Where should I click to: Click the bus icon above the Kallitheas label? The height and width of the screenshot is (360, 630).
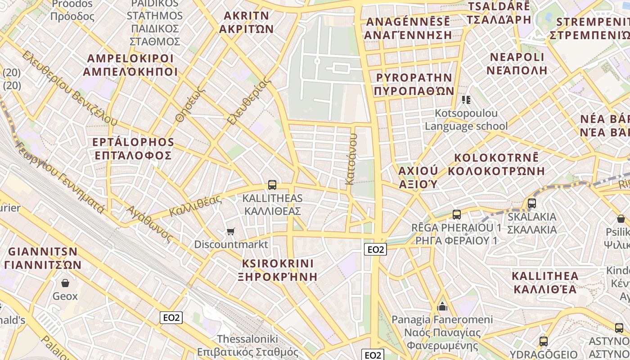[272, 184]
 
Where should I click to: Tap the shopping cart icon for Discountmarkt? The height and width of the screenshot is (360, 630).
[230, 231]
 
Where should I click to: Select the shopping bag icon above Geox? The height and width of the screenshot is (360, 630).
[65, 283]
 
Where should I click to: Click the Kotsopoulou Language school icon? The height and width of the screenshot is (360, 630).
[466, 99]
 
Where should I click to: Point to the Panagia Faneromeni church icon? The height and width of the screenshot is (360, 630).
[442, 307]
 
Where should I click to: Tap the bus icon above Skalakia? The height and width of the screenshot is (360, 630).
[532, 203]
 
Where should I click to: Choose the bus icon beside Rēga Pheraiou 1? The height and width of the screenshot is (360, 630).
[457, 214]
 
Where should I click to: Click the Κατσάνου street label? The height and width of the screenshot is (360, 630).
[350, 162]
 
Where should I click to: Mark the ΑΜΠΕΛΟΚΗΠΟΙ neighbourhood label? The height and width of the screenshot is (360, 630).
[130, 72]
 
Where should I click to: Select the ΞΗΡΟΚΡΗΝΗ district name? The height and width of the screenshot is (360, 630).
[277, 276]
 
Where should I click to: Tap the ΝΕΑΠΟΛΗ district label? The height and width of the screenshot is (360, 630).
[517, 70]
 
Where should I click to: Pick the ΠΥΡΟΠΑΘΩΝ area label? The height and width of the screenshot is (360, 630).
[414, 90]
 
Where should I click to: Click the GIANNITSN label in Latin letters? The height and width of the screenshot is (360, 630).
[43, 251]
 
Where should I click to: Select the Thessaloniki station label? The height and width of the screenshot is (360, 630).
[247, 339]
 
